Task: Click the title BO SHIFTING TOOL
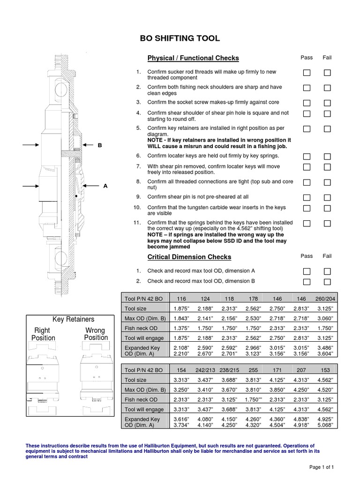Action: [x=180, y=38]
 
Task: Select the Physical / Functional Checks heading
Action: [x=193, y=58]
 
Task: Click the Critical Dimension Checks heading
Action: [x=189, y=257]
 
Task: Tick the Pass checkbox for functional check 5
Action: [x=307, y=129]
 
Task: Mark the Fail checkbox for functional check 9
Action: [x=327, y=197]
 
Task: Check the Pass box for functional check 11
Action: [x=307, y=224]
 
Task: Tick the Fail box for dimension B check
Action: [x=327, y=282]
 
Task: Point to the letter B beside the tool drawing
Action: [x=99, y=146]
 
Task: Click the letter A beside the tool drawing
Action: [x=105, y=186]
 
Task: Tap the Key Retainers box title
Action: [x=73, y=319]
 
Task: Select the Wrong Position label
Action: [x=96, y=334]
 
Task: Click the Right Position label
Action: [x=43, y=334]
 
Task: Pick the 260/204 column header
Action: [x=325, y=298]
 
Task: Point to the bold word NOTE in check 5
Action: [x=156, y=140]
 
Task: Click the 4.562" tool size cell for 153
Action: [x=325, y=380]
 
